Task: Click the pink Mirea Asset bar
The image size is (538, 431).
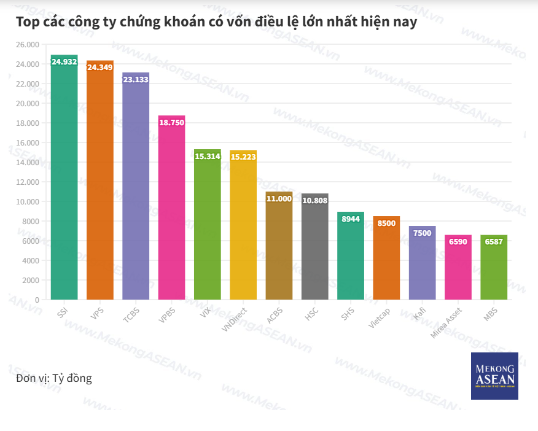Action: click(x=458, y=270)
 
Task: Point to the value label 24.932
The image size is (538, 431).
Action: click(x=64, y=62)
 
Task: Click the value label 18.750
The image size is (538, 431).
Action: click(x=171, y=123)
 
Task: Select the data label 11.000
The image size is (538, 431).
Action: click(x=279, y=199)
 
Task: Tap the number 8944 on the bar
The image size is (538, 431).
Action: click(x=351, y=219)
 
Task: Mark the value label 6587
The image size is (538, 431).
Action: click(x=494, y=242)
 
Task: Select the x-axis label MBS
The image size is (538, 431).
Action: click(x=491, y=313)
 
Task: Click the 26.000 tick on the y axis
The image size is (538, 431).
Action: click(x=27, y=45)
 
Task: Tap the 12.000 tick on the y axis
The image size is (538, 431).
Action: click(x=27, y=182)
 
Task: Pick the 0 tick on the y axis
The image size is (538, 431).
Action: click(x=37, y=300)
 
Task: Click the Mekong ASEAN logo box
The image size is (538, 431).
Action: click(x=494, y=376)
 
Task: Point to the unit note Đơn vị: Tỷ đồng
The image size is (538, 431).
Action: click(x=54, y=378)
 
